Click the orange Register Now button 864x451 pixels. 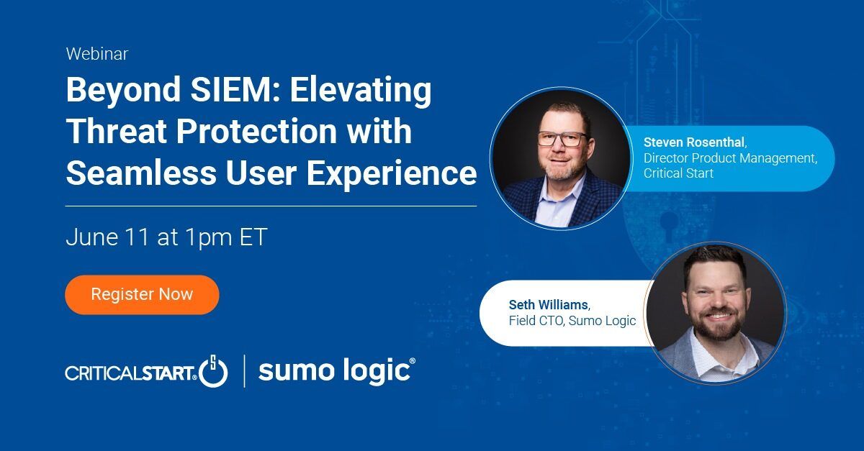click(142, 294)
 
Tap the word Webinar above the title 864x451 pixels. click(96, 53)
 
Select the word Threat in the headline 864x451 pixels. click(117, 131)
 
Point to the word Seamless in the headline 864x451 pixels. click(141, 173)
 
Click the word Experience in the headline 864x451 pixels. click(392, 175)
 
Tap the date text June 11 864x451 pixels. click(107, 237)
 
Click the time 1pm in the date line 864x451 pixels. click(209, 238)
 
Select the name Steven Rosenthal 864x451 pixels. click(694, 142)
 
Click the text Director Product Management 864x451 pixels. click(729, 158)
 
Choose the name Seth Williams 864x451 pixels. click(548, 305)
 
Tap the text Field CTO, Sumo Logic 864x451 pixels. click(572, 321)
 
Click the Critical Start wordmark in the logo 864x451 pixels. click(131, 373)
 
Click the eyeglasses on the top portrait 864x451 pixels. click(562, 139)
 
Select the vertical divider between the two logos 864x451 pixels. click(245, 371)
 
